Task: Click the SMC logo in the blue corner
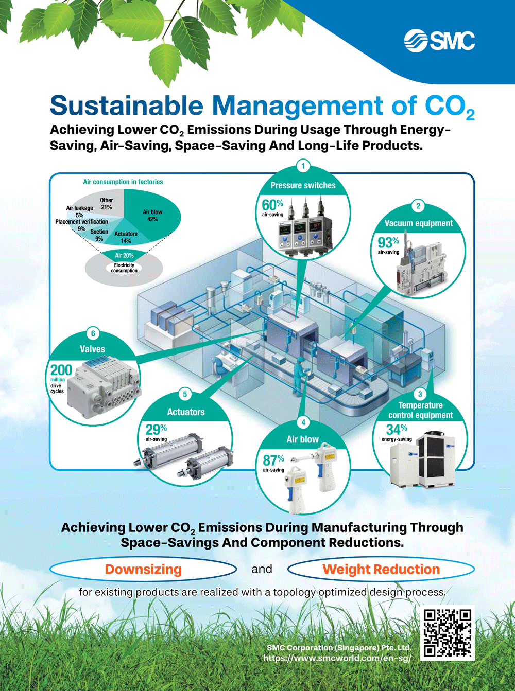pos(439,41)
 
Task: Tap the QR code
pos(447,634)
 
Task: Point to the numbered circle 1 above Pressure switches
pos(303,166)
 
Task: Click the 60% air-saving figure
pos(272,205)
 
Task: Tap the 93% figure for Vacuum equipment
pos(388,242)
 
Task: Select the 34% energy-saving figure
pos(397,429)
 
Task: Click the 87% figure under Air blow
pos(273,460)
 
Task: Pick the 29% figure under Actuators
pos(156,429)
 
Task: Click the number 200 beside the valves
pos(61,370)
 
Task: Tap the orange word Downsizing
pos(143,570)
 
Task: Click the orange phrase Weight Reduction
pos(381,570)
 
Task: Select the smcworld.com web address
pos(337,658)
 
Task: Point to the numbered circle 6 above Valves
pos(93,333)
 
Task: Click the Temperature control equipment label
pos(420,410)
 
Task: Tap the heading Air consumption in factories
pos(123,182)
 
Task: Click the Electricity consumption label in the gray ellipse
pos(124,268)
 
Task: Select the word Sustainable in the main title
pos(127,105)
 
